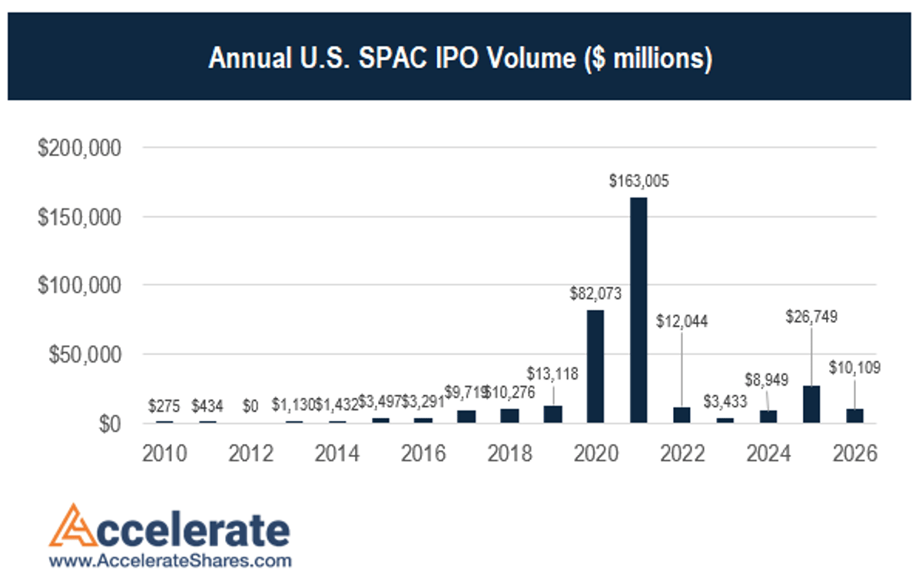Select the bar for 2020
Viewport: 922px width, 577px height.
point(595,366)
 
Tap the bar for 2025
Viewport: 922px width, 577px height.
point(811,404)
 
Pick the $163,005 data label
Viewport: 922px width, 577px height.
point(639,181)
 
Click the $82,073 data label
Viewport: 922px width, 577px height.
point(595,293)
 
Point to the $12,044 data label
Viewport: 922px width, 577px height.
point(682,321)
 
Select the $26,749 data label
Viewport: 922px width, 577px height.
point(811,316)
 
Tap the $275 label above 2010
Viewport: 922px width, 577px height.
point(164,405)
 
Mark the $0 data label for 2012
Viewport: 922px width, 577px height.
point(251,405)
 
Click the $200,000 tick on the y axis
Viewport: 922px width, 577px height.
point(80,148)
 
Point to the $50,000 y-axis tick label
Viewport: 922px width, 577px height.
point(85,355)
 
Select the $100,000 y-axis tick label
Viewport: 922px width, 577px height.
point(80,286)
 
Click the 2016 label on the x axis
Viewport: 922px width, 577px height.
point(423,454)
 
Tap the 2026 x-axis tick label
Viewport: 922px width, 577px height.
point(855,454)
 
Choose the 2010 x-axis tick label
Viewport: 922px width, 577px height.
point(164,454)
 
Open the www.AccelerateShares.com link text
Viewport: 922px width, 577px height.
point(170,560)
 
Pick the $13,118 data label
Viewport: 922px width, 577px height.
point(552,374)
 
